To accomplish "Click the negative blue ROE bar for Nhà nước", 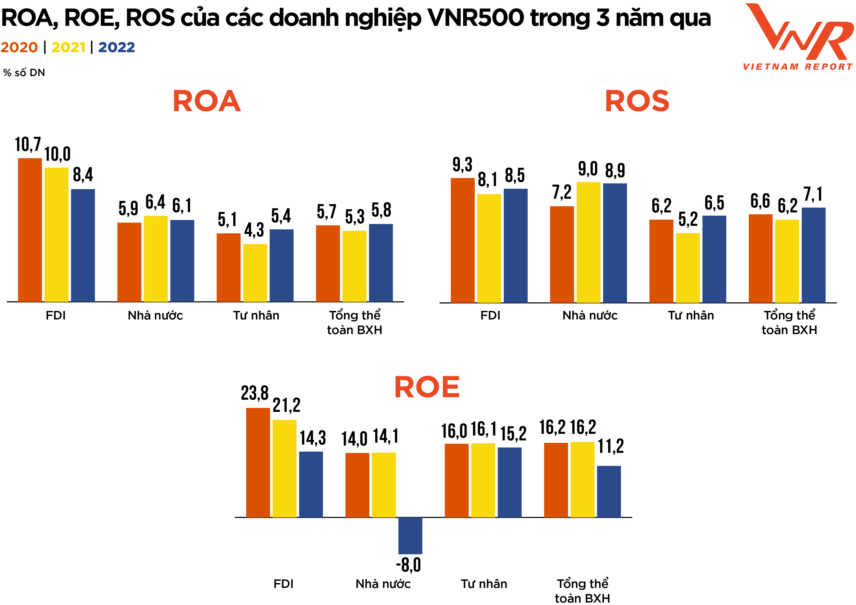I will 410,535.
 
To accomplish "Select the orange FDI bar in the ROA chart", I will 30,230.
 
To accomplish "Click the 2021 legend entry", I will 69,47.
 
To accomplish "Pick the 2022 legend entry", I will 116,47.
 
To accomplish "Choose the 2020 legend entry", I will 19,47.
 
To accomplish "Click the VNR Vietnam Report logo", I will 798,37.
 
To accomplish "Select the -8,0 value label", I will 409,565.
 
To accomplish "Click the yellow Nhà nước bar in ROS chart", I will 588,242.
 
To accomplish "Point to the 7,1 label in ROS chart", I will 813,194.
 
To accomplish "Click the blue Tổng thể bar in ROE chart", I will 609,491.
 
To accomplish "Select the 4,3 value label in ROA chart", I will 254,230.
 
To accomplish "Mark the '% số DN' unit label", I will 24,73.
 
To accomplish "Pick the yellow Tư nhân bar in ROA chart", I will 255,273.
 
